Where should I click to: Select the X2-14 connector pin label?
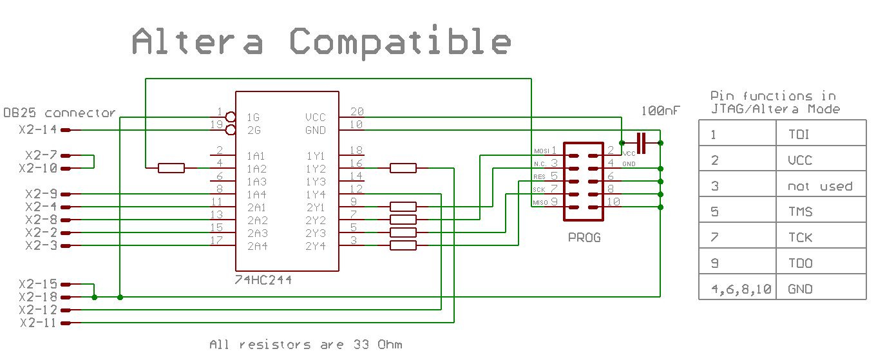tap(37, 130)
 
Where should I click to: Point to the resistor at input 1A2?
tap(171, 168)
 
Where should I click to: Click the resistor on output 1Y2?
tap(403, 168)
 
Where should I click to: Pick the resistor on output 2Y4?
tap(403, 245)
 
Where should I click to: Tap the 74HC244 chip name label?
tap(264, 280)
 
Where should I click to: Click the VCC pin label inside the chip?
tap(316, 118)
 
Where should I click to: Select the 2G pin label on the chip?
tap(254, 131)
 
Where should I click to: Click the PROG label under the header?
tap(584, 238)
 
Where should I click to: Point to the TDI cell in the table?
tap(799, 135)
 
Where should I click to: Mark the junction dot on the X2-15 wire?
tap(95, 297)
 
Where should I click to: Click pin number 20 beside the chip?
tap(356, 111)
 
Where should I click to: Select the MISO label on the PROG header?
tap(540, 203)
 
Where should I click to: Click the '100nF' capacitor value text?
tap(660, 111)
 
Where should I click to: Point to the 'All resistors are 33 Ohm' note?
tap(306, 345)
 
